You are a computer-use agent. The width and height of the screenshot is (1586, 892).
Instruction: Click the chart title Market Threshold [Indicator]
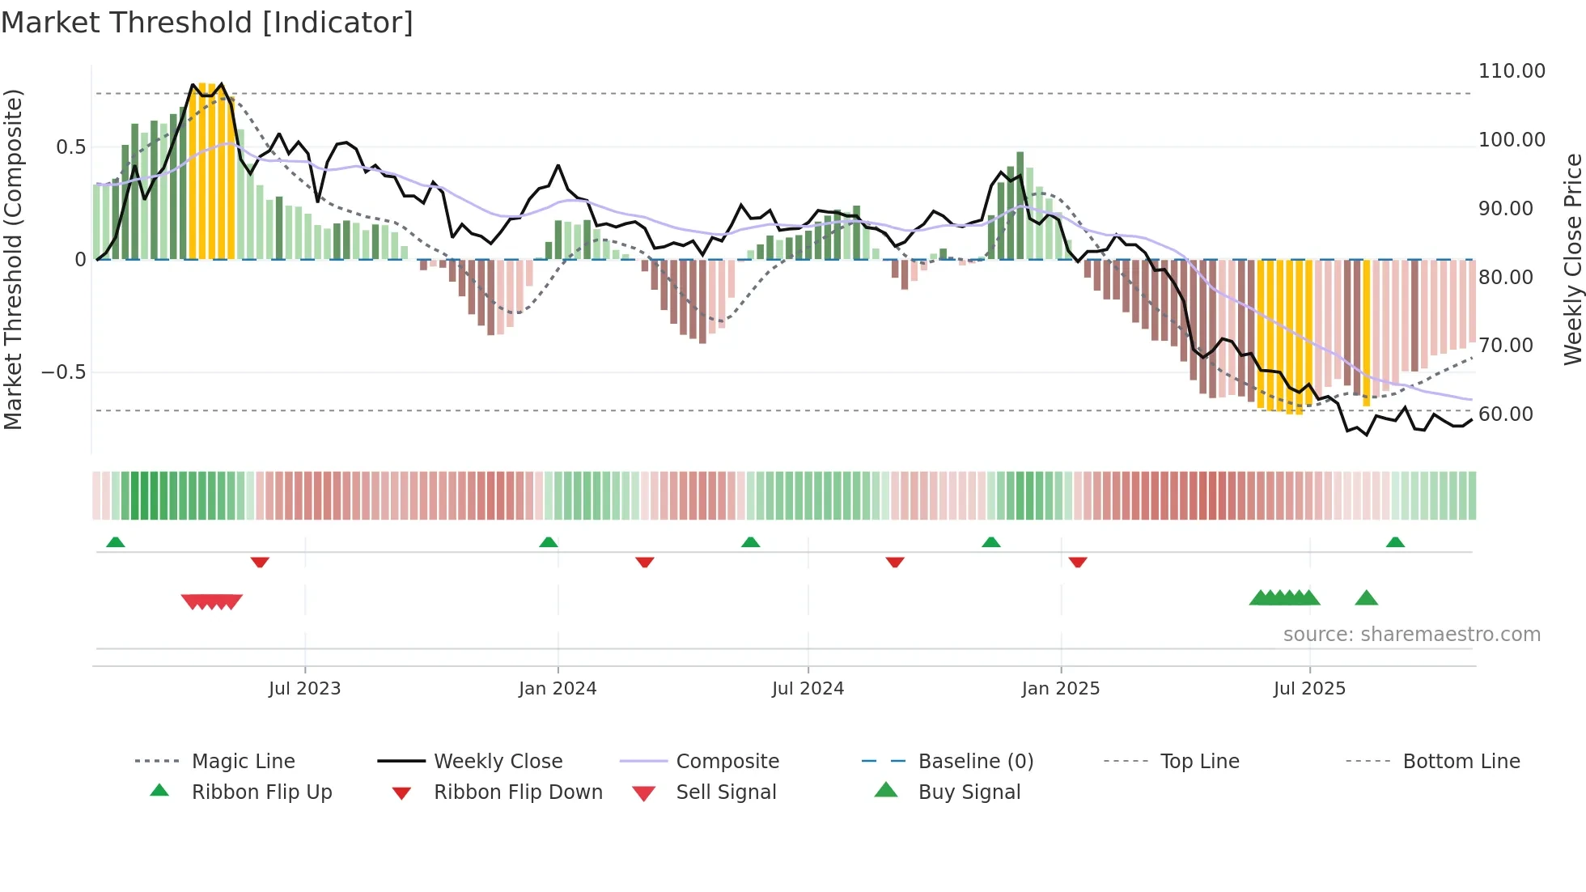pos(207,23)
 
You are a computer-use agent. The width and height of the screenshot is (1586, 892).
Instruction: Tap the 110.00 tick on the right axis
pos(1512,71)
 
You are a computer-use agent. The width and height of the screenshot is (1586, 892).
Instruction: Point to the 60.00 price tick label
pos(1505,414)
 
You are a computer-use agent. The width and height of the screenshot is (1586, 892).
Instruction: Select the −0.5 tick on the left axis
pos(63,372)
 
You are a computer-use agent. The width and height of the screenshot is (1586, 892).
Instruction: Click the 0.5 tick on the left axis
pos(70,147)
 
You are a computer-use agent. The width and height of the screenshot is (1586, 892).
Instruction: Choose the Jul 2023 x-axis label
pos(304,689)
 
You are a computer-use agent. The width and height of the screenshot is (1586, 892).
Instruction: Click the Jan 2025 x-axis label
pos(1060,689)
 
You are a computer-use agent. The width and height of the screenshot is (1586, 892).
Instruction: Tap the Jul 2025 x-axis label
pos(1309,689)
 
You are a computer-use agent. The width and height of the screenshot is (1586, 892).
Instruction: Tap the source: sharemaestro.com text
pos(1411,635)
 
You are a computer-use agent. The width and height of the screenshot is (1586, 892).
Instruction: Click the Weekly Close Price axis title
pos(1572,259)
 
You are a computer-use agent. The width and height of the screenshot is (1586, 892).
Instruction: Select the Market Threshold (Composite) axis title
pos(13,259)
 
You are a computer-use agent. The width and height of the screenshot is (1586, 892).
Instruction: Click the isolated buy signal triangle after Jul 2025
pos(1366,598)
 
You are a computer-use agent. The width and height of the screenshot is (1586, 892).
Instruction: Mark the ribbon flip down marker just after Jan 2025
pos(1077,562)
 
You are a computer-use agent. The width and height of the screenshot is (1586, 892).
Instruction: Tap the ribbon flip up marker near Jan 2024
pos(549,542)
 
